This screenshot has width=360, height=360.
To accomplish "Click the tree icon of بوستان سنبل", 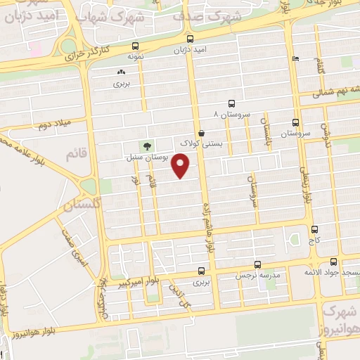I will click(x=147, y=146).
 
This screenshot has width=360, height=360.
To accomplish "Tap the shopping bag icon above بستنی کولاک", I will click(x=201, y=132).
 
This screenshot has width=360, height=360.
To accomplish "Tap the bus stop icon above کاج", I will click(x=314, y=229).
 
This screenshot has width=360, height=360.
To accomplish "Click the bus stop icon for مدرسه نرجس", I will click(x=258, y=265).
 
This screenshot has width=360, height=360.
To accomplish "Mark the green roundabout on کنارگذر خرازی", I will click(x=68, y=46).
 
